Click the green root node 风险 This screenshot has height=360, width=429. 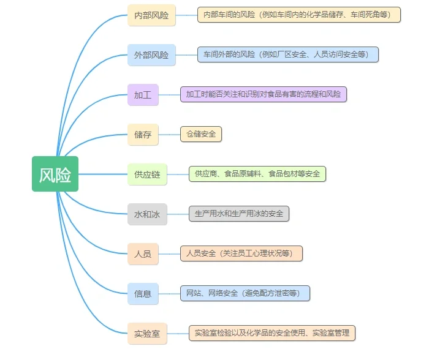[x=55, y=174]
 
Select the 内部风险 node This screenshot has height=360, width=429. [x=151, y=15]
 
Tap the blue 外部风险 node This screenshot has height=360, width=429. [x=151, y=55]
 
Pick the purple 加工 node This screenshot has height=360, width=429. [x=143, y=95]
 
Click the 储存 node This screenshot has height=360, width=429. [x=143, y=135]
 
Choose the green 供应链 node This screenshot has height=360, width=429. [x=147, y=174]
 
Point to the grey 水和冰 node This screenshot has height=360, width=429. [x=147, y=214]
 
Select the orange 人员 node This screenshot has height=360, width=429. [x=143, y=254]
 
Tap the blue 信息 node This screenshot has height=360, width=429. [x=143, y=294]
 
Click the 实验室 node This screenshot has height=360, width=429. [x=147, y=334]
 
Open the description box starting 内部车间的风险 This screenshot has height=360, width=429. [x=298, y=15]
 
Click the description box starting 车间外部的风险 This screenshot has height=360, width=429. [x=287, y=54]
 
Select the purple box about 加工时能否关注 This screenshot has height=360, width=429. [x=263, y=94]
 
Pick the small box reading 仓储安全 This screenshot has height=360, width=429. [x=200, y=134]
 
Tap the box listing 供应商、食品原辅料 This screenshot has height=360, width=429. [x=257, y=174]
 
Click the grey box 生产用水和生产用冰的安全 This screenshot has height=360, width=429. [x=238, y=214]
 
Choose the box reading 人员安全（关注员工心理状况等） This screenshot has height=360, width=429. [x=241, y=253]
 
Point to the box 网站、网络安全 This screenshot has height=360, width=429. [x=245, y=293]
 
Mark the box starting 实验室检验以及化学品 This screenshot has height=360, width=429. [x=271, y=333]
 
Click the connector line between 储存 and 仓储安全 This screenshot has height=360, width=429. [x=169, y=135]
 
